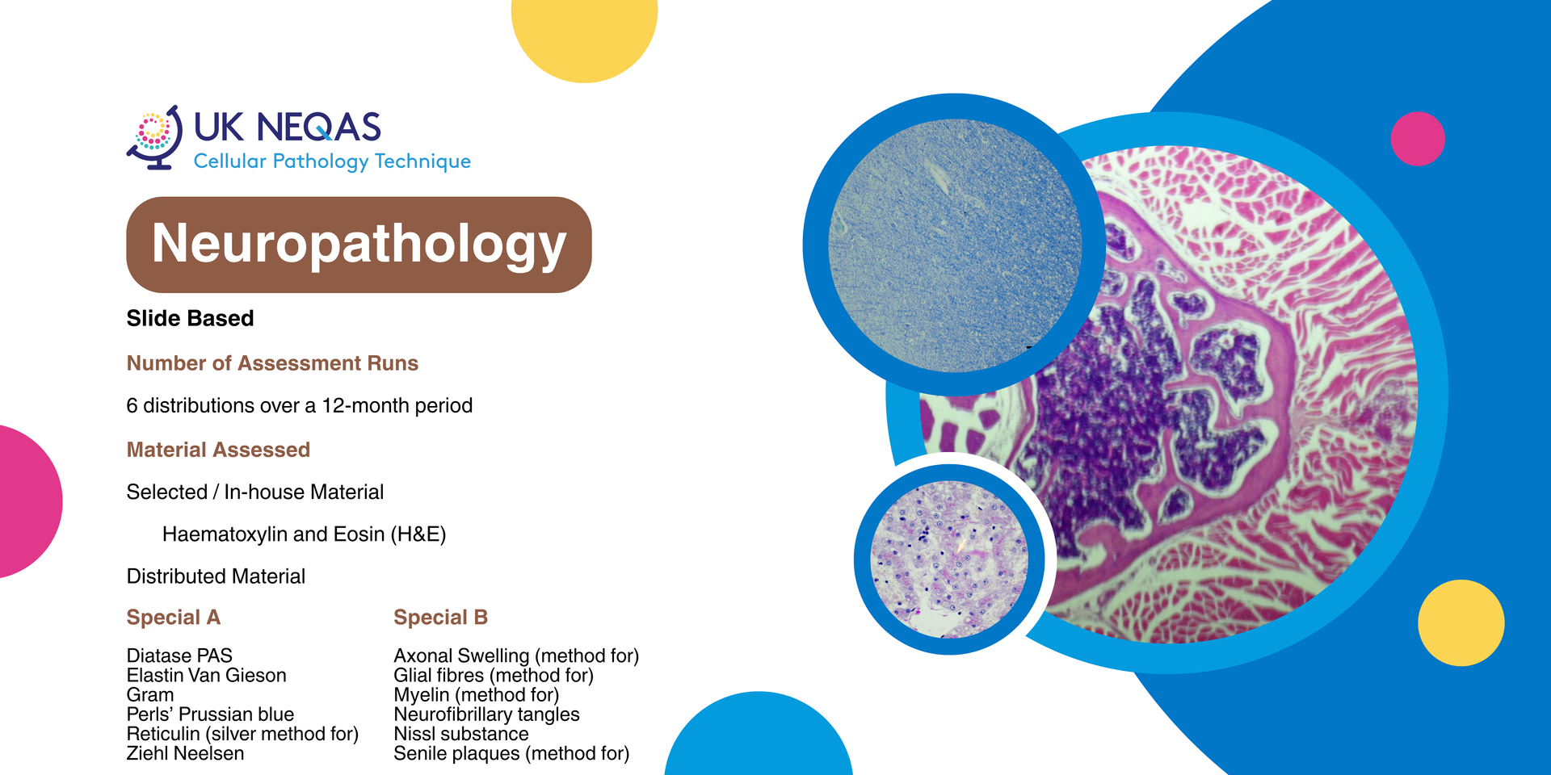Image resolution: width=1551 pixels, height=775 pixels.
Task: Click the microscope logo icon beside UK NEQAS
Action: point(154,137)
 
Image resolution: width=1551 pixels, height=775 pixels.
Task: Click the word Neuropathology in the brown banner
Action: point(359,245)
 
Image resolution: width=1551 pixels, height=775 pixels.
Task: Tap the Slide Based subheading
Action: point(190,318)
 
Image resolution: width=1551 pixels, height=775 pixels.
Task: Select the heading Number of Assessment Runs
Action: point(272,363)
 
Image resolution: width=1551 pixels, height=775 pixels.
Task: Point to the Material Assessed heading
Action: point(218,450)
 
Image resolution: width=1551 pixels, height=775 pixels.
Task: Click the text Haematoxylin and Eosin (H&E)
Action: point(304,534)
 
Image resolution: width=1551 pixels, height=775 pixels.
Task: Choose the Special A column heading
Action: point(173,618)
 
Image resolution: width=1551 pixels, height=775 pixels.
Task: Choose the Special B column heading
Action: point(440,618)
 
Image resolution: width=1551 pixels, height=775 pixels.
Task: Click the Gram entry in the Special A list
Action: point(150,695)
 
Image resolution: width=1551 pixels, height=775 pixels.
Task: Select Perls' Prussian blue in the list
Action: point(210,714)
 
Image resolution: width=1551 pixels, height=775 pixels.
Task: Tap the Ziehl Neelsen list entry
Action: point(185,753)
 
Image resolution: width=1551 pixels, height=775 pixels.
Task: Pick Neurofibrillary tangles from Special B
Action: point(486,714)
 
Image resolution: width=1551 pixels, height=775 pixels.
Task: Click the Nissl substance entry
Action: point(461,734)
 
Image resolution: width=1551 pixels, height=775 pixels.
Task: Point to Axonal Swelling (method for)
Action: point(516,656)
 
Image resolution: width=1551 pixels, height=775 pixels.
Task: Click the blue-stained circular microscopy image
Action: point(955,245)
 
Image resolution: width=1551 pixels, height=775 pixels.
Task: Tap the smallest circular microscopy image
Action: point(949,559)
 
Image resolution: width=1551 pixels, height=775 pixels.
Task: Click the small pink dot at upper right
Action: point(1418,139)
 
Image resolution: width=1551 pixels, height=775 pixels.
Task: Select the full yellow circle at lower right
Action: point(1461,622)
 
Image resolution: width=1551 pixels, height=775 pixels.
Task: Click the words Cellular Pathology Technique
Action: point(332,161)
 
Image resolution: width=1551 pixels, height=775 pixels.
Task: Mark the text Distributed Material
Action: point(216,576)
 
